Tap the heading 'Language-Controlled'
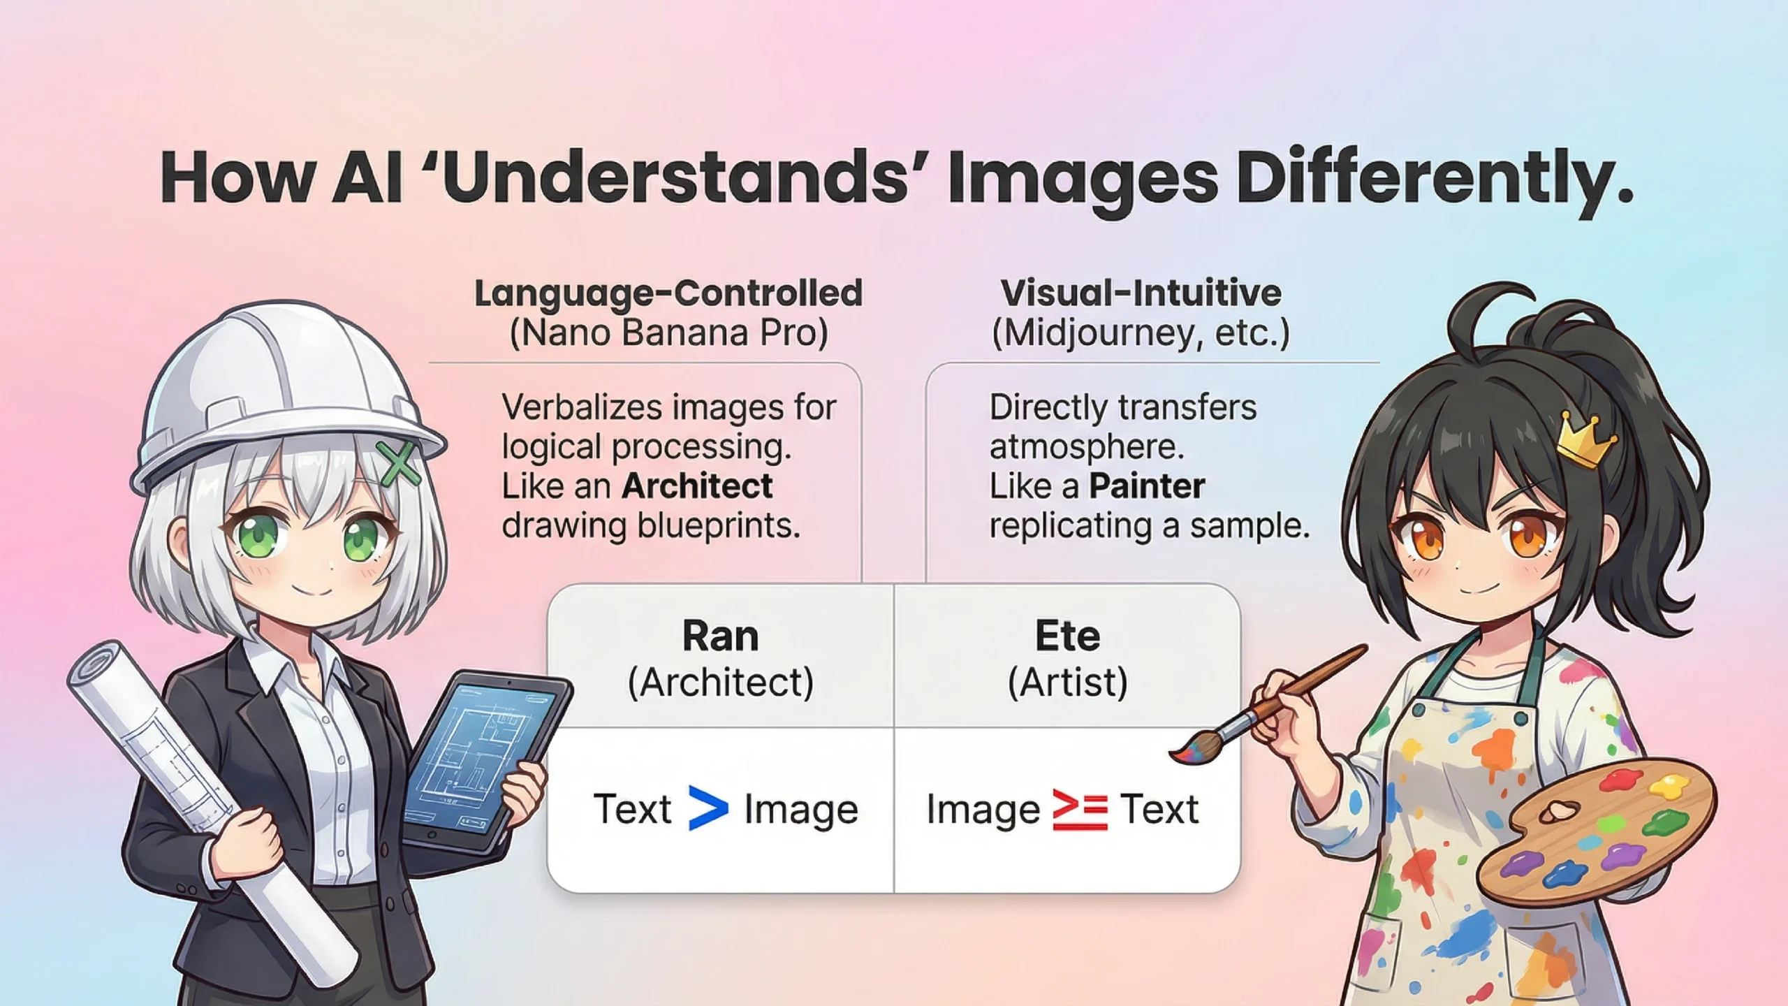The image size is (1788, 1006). click(668, 293)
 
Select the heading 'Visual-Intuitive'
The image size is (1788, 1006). click(1141, 293)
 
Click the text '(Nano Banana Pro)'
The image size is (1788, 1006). click(668, 333)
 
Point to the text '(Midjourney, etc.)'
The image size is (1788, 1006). click(1141, 333)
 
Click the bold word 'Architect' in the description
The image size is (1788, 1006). click(697, 486)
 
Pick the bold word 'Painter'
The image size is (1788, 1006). click(1147, 486)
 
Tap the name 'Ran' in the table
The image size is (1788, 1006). click(720, 636)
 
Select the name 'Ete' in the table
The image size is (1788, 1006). click(1067, 636)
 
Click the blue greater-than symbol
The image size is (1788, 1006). click(708, 808)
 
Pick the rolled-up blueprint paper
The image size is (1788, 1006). click(210, 803)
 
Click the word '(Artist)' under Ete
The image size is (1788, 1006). click(1067, 682)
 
